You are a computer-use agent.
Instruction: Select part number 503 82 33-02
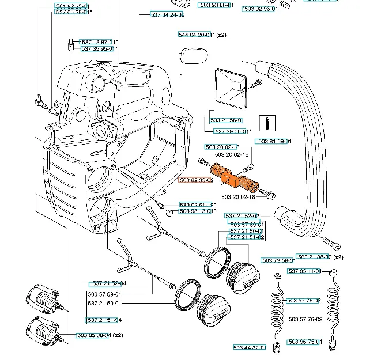(x=196, y=180)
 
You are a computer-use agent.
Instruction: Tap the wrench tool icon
(x=266, y=123)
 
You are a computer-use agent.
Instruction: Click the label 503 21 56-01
(x=227, y=120)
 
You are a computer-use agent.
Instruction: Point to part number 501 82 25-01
(x=72, y=6)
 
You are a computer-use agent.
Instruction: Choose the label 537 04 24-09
(x=167, y=14)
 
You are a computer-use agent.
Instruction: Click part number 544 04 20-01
(x=195, y=35)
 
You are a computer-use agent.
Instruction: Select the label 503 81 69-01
(x=274, y=142)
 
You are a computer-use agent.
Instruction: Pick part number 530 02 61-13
(x=196, y=204)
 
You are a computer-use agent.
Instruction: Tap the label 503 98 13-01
(x=196, y=211)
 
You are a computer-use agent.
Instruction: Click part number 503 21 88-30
(x=314, y=257)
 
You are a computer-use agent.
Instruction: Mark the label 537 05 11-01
(x=304, y=271)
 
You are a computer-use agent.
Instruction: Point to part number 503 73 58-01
(x=278, y=261)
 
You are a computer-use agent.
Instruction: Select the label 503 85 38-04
(x=93, y=335)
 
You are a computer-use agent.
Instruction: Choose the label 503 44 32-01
(x=250, y=348)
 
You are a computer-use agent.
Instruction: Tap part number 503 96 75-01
(x=305, y=342)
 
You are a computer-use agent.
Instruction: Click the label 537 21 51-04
(x=104, y=320)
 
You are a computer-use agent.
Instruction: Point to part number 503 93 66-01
(x=216, y=5)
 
